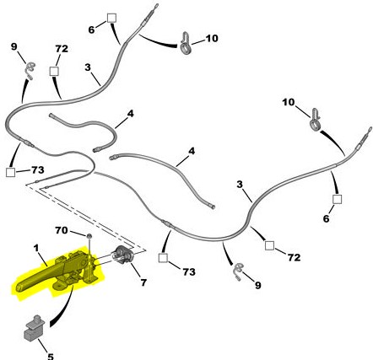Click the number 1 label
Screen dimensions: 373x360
(x=35, y=248)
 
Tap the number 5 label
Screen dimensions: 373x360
(x=51, y=357)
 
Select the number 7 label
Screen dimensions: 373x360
(x=143, y=282)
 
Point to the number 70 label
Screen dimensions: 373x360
(x=62, y=230)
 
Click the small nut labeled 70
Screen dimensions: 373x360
(x=89, y=236)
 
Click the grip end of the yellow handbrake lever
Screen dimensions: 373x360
(x=20, y=287)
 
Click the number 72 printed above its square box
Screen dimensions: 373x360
(x=62, y=49)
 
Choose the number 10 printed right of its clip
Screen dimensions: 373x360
(x=212, y=38)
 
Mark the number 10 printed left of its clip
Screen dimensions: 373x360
(x=289, y=102)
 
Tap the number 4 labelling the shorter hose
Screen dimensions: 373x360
(x=130, y=114)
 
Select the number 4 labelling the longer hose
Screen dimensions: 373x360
(x=192, y=151)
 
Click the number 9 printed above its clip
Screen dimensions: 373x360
(x=14, y=46)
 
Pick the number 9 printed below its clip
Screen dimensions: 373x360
(x=258, y=286)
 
